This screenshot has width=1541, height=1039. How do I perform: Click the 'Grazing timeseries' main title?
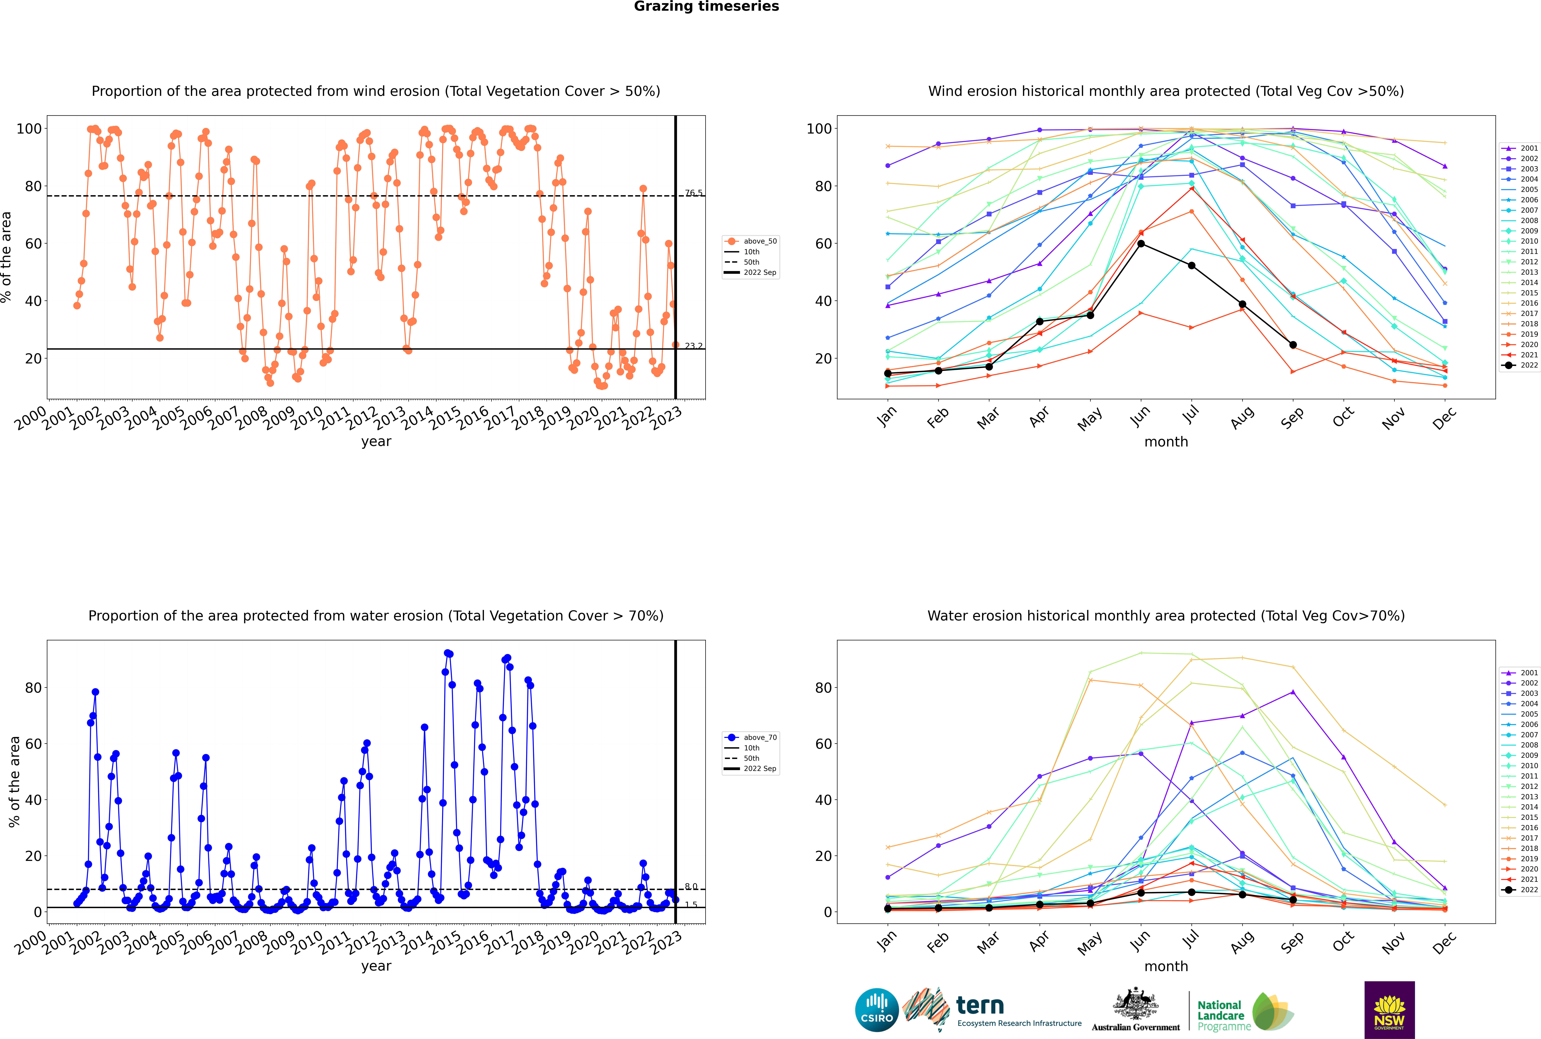pyautogui.click(x=706, y=7)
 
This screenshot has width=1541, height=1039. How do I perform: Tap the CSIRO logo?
pyautogui.click(x=876, y=1010)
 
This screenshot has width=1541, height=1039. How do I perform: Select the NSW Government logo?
pyautogui.click(x=1389, y=1010)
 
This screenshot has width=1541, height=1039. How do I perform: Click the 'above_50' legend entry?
pyautogui.click(x=751, y=241)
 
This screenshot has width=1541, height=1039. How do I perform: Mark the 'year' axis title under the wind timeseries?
pyautogui.click(x=376, y=442)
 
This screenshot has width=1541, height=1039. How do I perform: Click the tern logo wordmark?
pyautogui.click(x=980, y=1005)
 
